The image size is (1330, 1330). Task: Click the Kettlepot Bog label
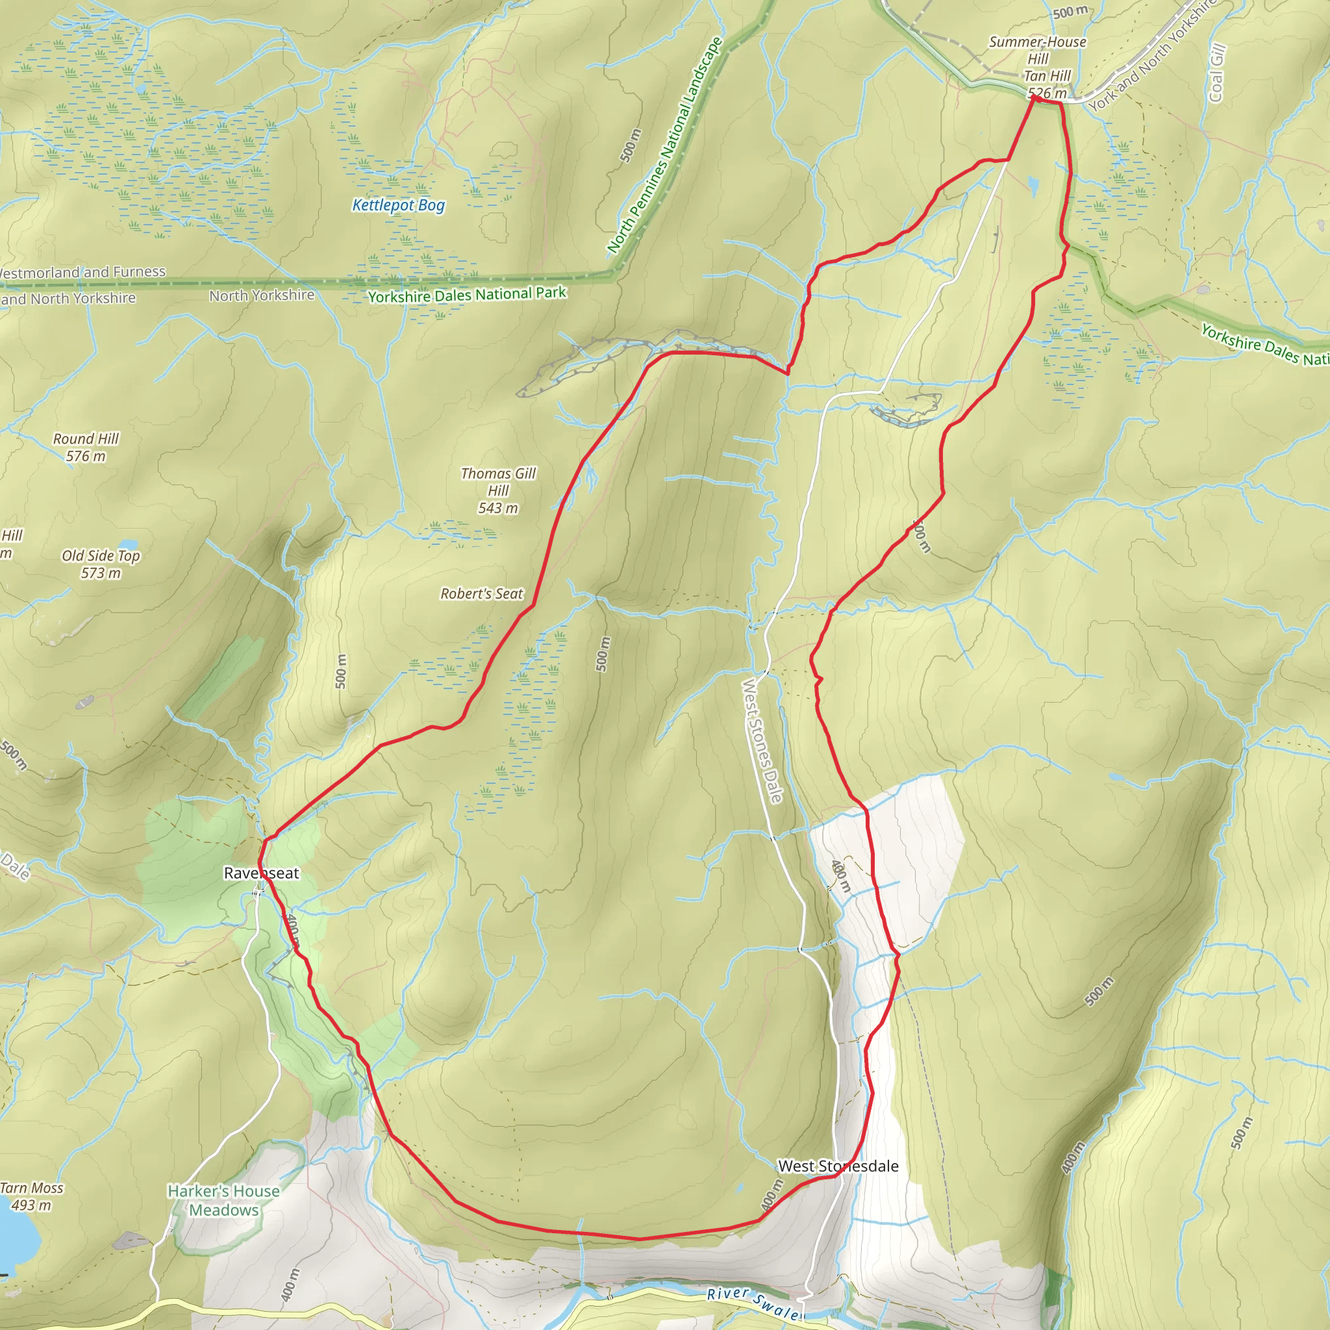pyautogui.click(x=398, y=205)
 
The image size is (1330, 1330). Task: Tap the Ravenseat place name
pyautogui.click(x=262, y=873)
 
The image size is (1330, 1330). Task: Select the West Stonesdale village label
pyautogui.click(x=838, y=1166)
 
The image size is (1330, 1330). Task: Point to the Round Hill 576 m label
pyautogui.click(x=86, y=447)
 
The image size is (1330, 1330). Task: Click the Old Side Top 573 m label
pyautogui.click(x=101, y=564)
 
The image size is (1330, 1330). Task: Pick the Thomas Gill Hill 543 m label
pyautogui.click(x=497, y=490)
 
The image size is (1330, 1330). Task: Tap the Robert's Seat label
pyautogui.click(x=481, y=594)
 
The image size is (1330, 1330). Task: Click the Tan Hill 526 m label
pyautogui.click(x=1046, y=84)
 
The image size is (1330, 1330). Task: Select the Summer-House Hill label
pyautogui.click(x=1037, y=49)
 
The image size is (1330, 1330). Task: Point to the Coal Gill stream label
pyautogui.click(x=1216, y=73)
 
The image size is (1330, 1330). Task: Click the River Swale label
pyautogui.click(x=755, y=1302)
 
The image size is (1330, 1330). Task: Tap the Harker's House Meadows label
pyautogui.click(x=224, y=1200)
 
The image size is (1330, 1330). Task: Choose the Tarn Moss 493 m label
pyautogui.click(x=31, y=1196)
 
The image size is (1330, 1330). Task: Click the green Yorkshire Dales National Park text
pyautogui.click(x=467, y=295)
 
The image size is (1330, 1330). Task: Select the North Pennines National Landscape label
pyautogui.click(x=664, y=145)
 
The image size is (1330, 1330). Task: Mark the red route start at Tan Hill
pyautogui.click(x=1034, y=99)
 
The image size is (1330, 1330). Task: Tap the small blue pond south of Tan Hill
pyautogui.click(x=1033, y=184)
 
